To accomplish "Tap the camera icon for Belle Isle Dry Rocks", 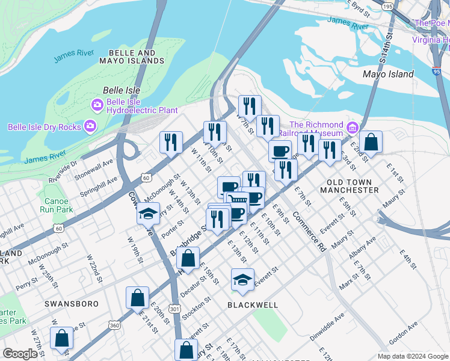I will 90,126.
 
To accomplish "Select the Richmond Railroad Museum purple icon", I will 352,129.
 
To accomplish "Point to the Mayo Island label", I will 388,74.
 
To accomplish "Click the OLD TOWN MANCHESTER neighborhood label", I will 353,186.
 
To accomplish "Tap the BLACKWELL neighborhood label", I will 253,305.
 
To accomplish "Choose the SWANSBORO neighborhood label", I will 71,304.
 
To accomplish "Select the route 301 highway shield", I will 174,309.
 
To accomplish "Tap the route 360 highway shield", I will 114,325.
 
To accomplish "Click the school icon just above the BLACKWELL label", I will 242,279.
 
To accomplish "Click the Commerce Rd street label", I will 309,230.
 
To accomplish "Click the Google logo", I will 20,354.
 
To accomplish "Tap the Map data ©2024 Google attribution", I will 413,356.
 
